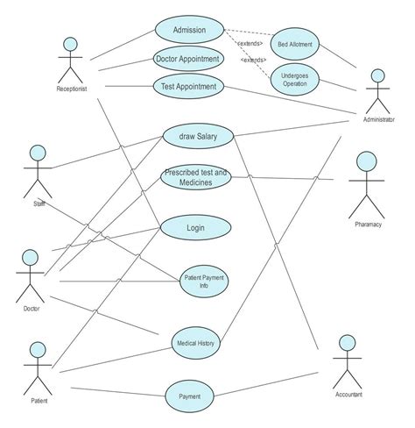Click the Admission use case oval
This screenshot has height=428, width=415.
point(190,30)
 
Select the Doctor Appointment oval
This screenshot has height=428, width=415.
point(188,60)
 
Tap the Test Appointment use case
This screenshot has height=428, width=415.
point(189,87)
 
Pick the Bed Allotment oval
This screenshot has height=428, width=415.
point(294,43)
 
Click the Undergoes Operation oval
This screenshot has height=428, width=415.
point(294,80)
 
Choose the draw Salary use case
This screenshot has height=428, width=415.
point(197,136)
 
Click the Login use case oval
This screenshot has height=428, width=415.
point(195,228)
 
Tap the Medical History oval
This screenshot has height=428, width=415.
point(195,343)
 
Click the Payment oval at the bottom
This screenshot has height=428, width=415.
point(190,396)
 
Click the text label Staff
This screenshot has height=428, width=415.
point(39,203)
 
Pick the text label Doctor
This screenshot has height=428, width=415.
point(32,308)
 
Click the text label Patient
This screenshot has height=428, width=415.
point(39,401)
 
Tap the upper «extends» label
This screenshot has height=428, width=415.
point(250,43)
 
